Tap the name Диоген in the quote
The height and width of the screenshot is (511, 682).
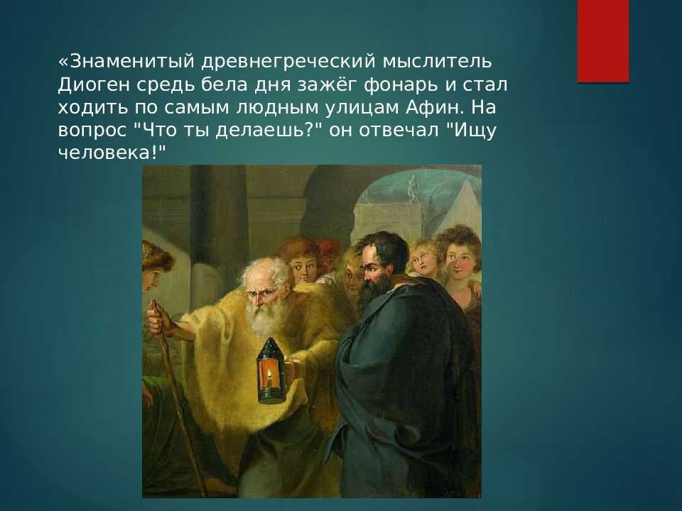[94, 84]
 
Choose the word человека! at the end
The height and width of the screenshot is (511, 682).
[112, 153]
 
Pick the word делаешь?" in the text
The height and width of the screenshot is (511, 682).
[269, 131]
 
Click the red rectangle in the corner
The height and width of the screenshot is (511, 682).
[603, 41]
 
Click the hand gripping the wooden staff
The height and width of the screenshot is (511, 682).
[156, 320]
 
